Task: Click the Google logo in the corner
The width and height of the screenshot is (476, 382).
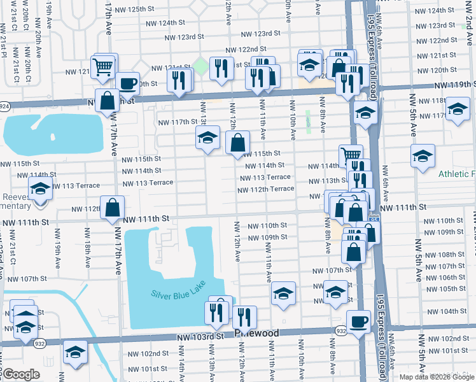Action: pyautogui.click(x=21, y=374)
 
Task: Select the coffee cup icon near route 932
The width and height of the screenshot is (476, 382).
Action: pyautogui.click(x=358, y=321)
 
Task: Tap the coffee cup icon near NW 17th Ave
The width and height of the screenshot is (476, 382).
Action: pyautogui.click(x=127, y=83)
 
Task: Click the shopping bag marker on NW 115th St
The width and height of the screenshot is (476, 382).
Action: pyautogui.click(x=237, y=143)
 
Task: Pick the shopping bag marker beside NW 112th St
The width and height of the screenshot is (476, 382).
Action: pyautogui.click(x=113, y=208)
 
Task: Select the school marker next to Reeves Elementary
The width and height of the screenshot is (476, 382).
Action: pyautogui.click(x=39, y=189)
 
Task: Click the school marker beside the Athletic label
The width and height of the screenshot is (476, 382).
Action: pyautogui.click(x=423, y=155)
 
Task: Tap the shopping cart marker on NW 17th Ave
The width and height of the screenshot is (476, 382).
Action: pyautogui.click(x=102, y=66)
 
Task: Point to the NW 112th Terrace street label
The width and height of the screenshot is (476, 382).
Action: pyautogui.click(x=266, y=189)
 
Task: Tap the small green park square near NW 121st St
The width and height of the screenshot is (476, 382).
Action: pyautogui.click(x=200, y=66)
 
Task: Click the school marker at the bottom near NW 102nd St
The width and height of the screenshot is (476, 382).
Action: pyautogui.click(x=75, y=352)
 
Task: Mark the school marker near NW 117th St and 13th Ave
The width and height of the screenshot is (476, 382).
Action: pyautogui.click(x=207, y=137)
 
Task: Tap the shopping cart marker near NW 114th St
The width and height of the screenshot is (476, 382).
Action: pyautogui.click(x=351, y=155)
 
